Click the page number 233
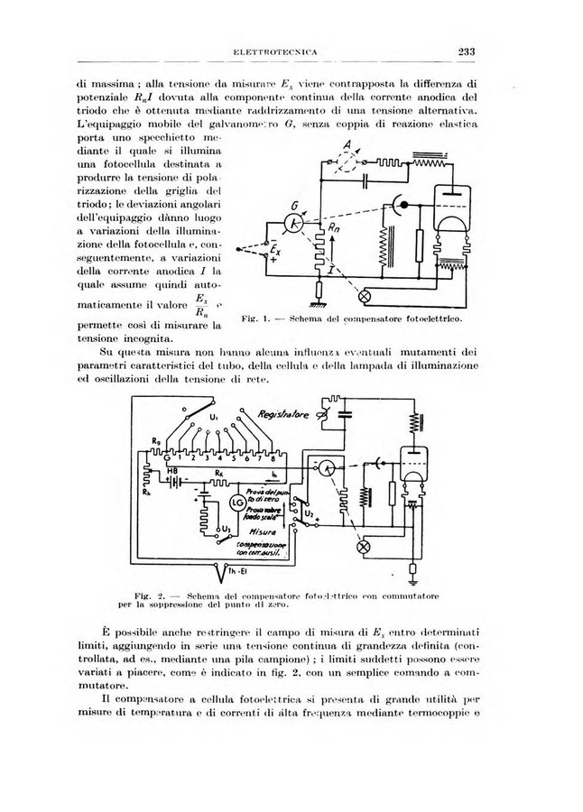pos(467,51)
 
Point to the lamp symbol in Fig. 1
pos(366,296)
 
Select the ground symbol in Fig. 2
pos(412,569)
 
